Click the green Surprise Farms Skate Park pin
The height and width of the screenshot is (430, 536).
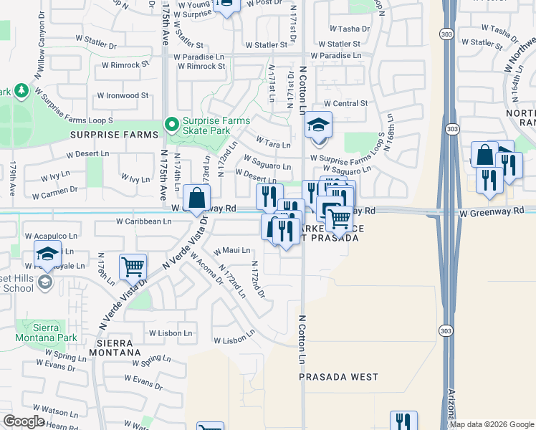(172, 125)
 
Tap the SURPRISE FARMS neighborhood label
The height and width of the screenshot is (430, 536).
(114, 135)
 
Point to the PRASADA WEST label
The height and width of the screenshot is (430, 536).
(338, 377)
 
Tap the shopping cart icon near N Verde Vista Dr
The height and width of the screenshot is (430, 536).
(133, 267)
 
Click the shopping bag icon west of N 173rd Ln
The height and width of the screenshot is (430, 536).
(196, 198)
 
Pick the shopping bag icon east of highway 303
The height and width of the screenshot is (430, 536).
(484, 155)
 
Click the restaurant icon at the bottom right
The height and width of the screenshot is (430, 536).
(403, 422)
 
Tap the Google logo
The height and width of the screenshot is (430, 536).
(24, 421)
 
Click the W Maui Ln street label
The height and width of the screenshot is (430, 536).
(232, 251)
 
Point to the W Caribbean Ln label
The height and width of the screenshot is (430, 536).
(144, 221)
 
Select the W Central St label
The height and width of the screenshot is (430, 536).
(345, 104)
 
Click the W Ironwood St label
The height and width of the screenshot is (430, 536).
(122, 95)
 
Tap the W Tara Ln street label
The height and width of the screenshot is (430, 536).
(272, 144)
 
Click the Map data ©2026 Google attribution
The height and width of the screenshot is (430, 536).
(492, 424)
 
